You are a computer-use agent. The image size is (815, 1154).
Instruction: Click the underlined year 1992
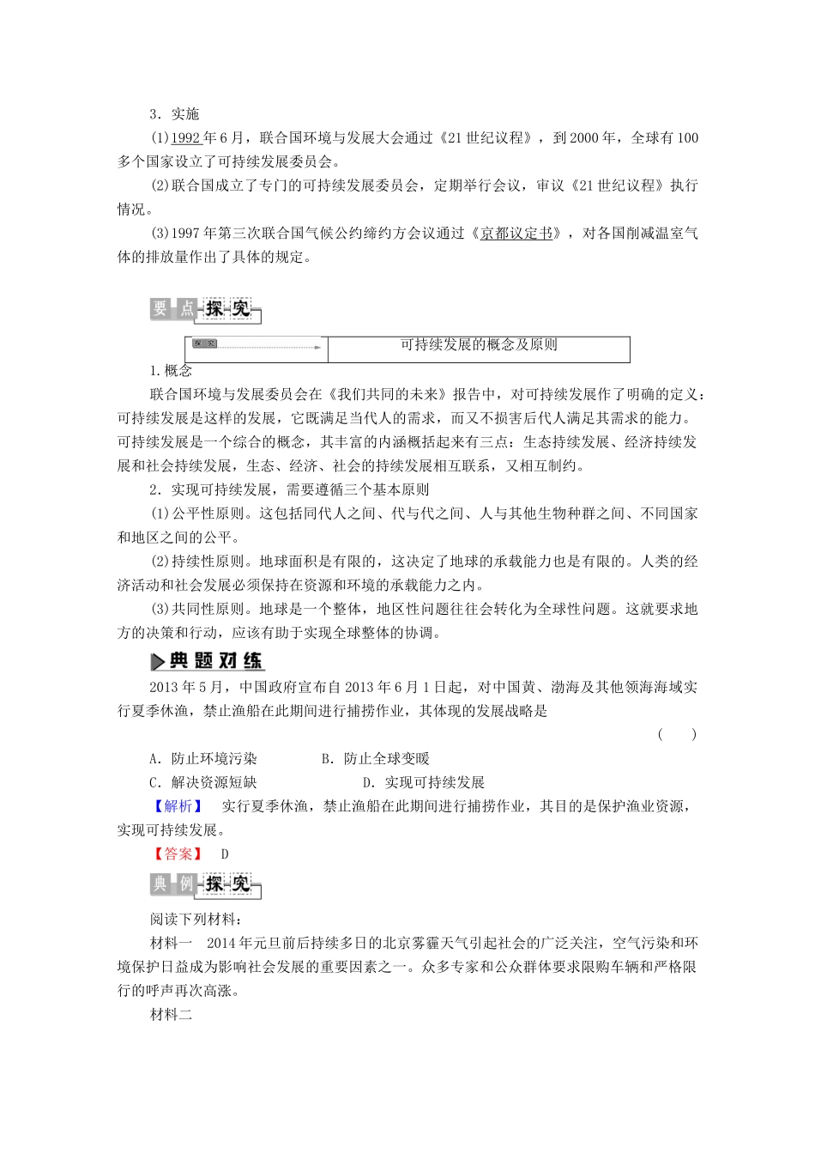pos(185,138)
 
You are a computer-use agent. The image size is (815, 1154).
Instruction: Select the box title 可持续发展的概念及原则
pos(479,345)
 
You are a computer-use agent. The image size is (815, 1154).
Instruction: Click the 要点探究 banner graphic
pos(205,310)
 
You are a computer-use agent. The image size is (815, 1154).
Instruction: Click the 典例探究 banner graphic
pos(205,884)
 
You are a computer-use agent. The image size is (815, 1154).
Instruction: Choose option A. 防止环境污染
pos(203,759)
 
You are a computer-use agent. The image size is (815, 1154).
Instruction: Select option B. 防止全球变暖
pos(375,759)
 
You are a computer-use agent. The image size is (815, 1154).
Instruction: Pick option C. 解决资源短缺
pos(203,783)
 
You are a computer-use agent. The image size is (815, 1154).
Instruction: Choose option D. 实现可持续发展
pos(424,783)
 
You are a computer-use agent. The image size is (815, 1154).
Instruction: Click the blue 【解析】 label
pos(178,806)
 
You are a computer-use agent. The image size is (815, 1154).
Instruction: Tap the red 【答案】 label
pos(178,854)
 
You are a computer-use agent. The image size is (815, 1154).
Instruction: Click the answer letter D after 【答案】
pos(226,854)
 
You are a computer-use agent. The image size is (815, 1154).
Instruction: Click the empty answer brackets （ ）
pos(677,734)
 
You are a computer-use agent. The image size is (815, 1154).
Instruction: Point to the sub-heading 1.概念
pos(171,371)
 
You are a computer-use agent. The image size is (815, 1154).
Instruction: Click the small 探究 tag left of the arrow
pos(205,344)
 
